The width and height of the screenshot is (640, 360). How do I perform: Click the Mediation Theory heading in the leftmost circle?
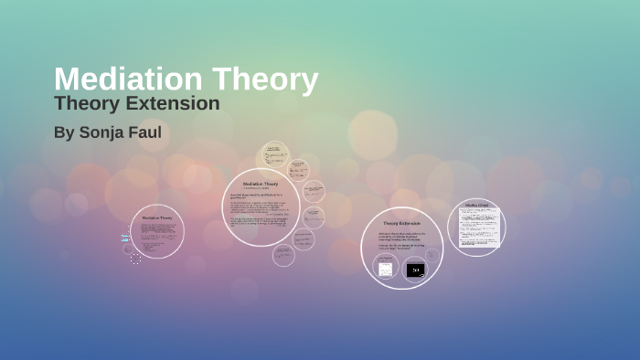point(156,217)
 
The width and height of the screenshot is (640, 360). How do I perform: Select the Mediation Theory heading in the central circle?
point(261,184)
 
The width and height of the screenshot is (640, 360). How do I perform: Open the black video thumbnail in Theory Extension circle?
point(415,270)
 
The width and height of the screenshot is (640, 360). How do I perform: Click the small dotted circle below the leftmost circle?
point(135,259)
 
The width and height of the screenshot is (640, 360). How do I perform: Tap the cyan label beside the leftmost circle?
point(125,238)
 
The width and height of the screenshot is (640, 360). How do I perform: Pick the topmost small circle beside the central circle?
point(273,153)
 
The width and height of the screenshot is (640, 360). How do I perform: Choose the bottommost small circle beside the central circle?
point(284,256)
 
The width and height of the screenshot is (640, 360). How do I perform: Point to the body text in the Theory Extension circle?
point(401,240)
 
